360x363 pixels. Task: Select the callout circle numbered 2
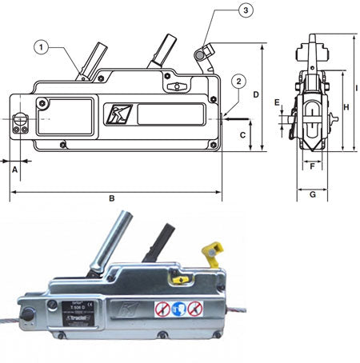(x=238, y=82)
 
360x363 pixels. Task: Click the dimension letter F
(x=313, y=168)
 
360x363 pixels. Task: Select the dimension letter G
(x=313, y=194)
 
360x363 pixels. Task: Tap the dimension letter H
(x=346, y=106)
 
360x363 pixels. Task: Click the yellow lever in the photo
(x=212, y=253)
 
